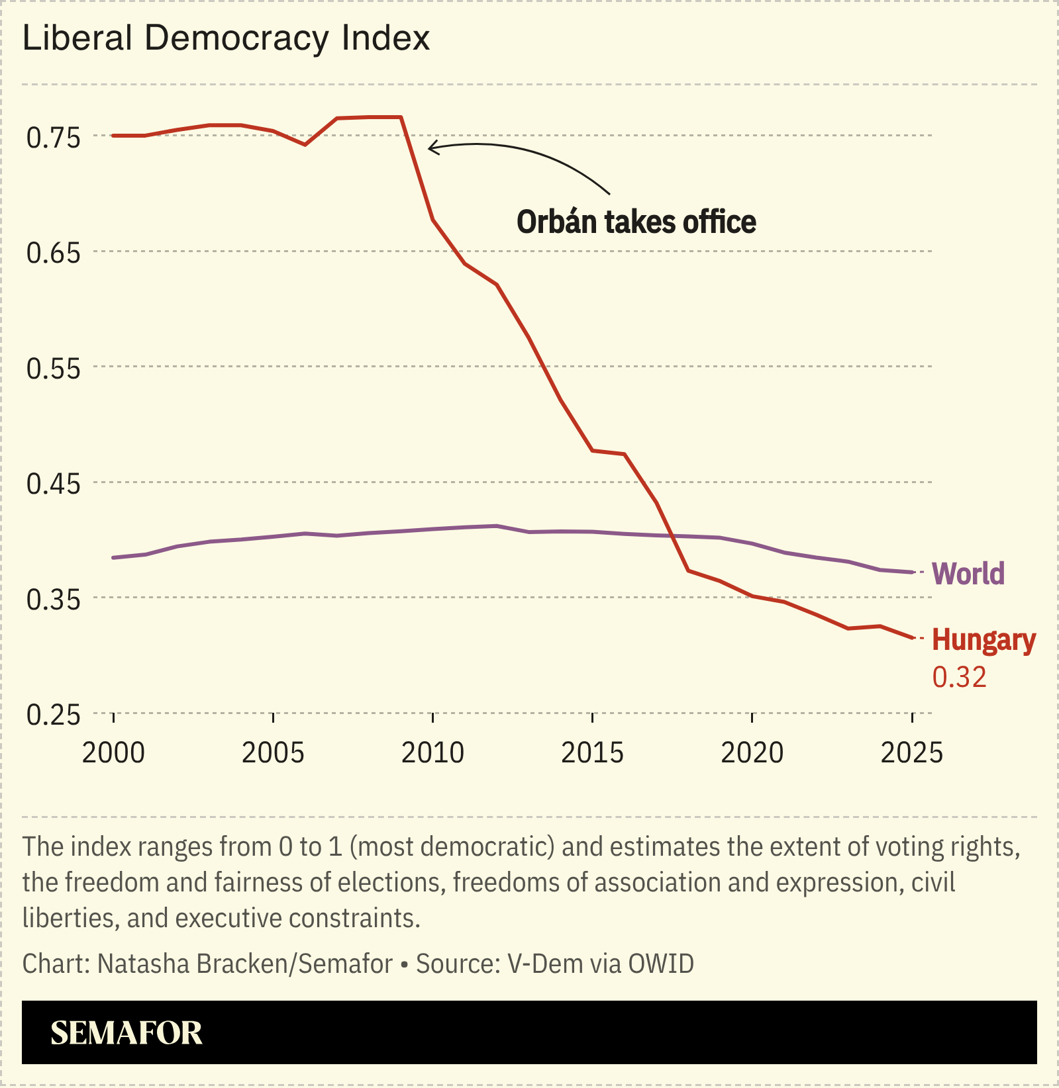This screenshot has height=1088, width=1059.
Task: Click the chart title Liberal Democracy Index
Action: [227, 38]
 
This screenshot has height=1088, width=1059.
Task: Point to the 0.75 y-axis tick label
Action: [53, 138]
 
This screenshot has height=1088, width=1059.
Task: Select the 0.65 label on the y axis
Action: [53, 253]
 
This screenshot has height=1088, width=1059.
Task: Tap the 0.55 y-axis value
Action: [53, 369]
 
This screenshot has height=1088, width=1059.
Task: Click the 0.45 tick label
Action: [53, 484]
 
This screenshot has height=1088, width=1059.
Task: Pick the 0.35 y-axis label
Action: [53, 600]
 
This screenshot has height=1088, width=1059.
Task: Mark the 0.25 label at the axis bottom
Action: [53, 715]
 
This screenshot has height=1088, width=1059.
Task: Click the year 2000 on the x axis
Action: [113, 752]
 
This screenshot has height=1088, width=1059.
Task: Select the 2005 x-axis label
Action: [273, 752]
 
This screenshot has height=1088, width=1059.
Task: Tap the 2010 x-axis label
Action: [432, 752]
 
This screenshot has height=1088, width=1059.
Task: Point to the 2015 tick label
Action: [592, 752]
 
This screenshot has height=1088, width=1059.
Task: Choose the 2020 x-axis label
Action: [752, 752]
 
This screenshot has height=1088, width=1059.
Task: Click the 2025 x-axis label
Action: [911, 752]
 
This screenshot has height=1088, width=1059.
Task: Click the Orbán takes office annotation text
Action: [636, 222]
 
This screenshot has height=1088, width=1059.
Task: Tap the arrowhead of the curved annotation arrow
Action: [430, 147]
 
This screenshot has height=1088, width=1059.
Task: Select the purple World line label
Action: [968, 573]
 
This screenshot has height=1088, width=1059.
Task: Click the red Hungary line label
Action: [983, 640]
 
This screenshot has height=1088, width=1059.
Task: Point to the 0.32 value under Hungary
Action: [959, 677]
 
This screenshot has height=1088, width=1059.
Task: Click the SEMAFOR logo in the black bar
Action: [126, 1033]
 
